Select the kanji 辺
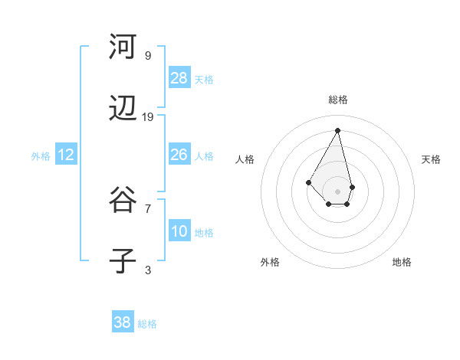click(123, 111)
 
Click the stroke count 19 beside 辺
click(148, 116)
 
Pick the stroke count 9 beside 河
click(148, 55)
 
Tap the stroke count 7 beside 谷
click(148, 208)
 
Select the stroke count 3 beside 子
click(148, 270)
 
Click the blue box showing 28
click(179, 77)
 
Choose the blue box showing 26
click(179, 155)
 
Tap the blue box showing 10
click(179, 231)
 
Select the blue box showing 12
click(66, 155)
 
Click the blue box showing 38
click(123, 322)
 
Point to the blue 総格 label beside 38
click(147, 324)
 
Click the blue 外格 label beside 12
click(41, 156)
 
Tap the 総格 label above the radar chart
click(338, 100)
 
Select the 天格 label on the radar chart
click(431, 159)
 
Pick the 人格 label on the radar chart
click(245, 159)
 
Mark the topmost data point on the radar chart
click(337, 129)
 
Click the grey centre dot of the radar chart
click(337, 191)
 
